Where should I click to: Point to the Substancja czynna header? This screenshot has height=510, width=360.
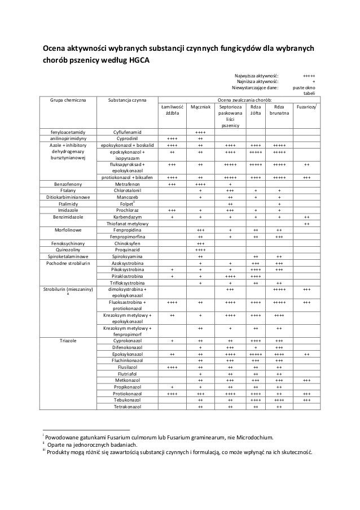pyautogui.click(x=128, y=99)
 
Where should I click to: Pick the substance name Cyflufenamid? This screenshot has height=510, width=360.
pyautogui.click(x=128, y=132)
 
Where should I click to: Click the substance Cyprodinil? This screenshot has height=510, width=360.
pyautogui.click(x=128, y=138)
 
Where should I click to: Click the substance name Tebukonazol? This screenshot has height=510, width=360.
pyautogui.click(x=128, y=400)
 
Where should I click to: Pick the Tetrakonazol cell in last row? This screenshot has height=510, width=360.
pyautogui.click(x=128, y=407)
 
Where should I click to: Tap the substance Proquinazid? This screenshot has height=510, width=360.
pyautogui.click(x=128, y=250)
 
